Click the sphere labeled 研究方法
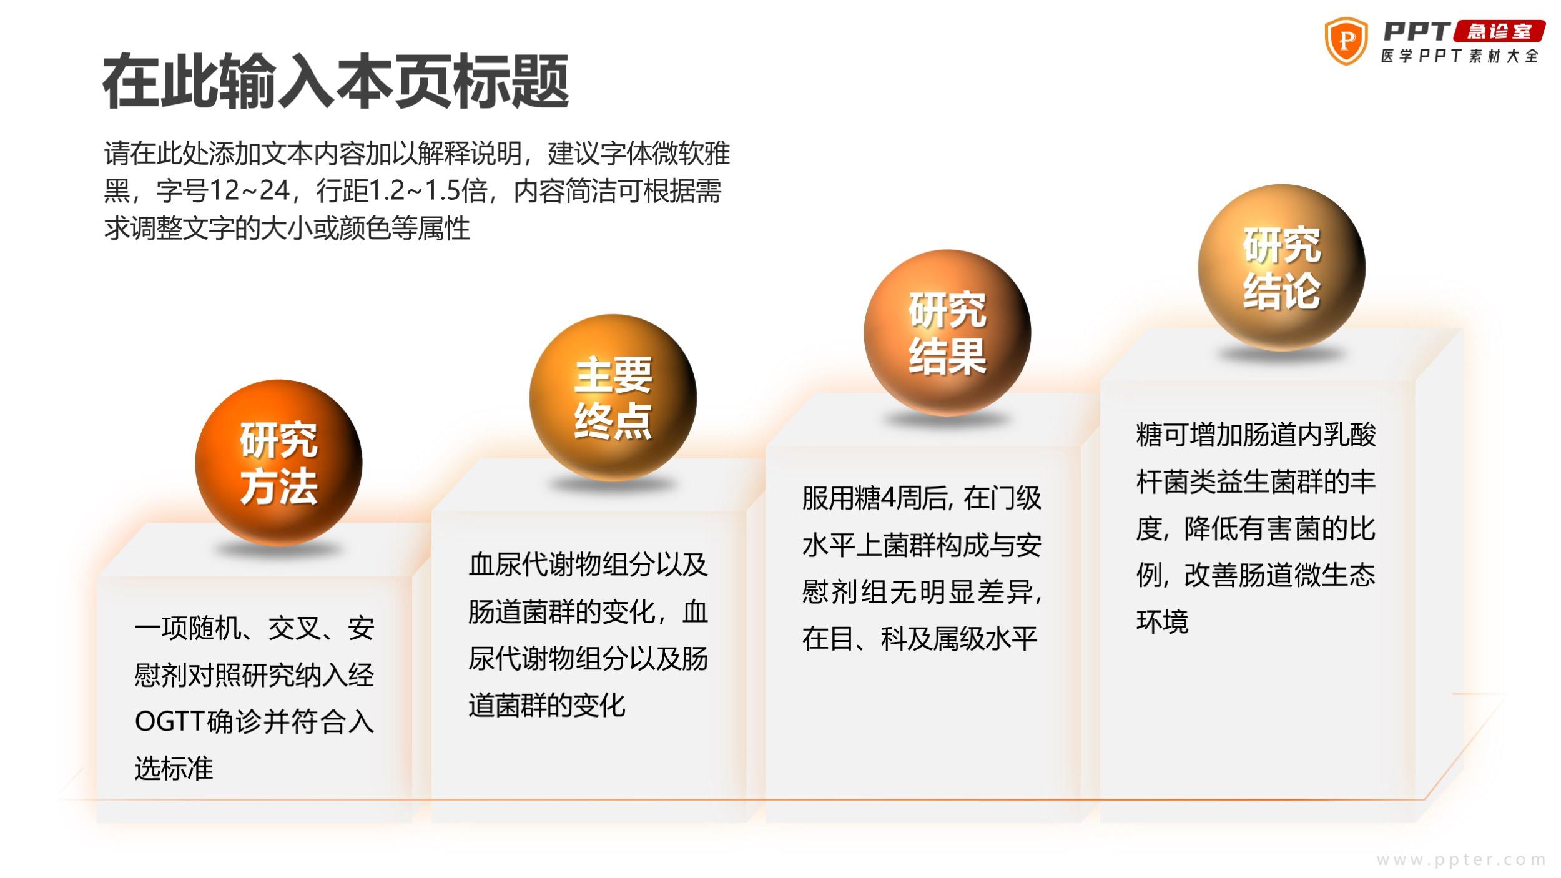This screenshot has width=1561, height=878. coord(278,463)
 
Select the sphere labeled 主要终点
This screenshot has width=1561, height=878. coord(613,398)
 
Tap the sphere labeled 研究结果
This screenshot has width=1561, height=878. coord(947,333)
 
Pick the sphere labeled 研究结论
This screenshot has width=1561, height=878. coord(1281,267)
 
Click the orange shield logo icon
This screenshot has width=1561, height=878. coord(1346,41)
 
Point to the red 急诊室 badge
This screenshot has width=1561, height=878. coord(1499,31)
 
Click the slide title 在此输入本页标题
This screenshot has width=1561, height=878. coord(336,82)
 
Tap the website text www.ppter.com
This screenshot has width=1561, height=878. coord(1461,860)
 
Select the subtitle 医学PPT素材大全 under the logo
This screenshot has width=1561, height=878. coord(1460,56)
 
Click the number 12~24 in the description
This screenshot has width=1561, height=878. coord(249,190)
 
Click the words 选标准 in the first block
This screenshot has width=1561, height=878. coord(174,768)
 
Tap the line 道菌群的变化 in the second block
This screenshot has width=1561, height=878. coord(547,705)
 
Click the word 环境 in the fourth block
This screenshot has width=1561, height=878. coord(1162,622)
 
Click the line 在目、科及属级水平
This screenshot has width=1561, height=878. coord(920,639)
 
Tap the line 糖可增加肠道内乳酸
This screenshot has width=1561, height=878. coord(1256,435)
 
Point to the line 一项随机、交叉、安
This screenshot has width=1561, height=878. coord(255,628)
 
